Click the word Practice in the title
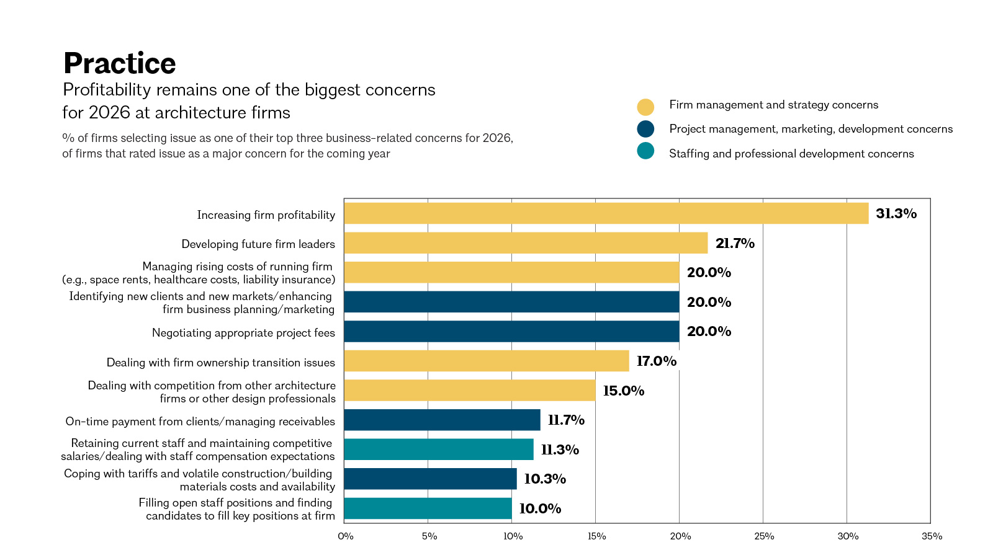120,63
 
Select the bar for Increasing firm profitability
606,213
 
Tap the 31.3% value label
896,213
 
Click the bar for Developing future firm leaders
526,243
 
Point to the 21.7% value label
735,243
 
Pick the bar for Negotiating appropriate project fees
511,331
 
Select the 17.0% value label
657,361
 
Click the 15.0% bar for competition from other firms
470,390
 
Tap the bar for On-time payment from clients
443,420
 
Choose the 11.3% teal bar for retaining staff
439,449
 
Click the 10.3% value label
545,479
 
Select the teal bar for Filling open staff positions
428,508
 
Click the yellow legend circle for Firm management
645,107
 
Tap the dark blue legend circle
645,129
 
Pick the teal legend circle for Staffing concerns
645,151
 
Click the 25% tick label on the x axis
764,536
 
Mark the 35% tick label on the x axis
932,536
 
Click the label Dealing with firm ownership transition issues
221,363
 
